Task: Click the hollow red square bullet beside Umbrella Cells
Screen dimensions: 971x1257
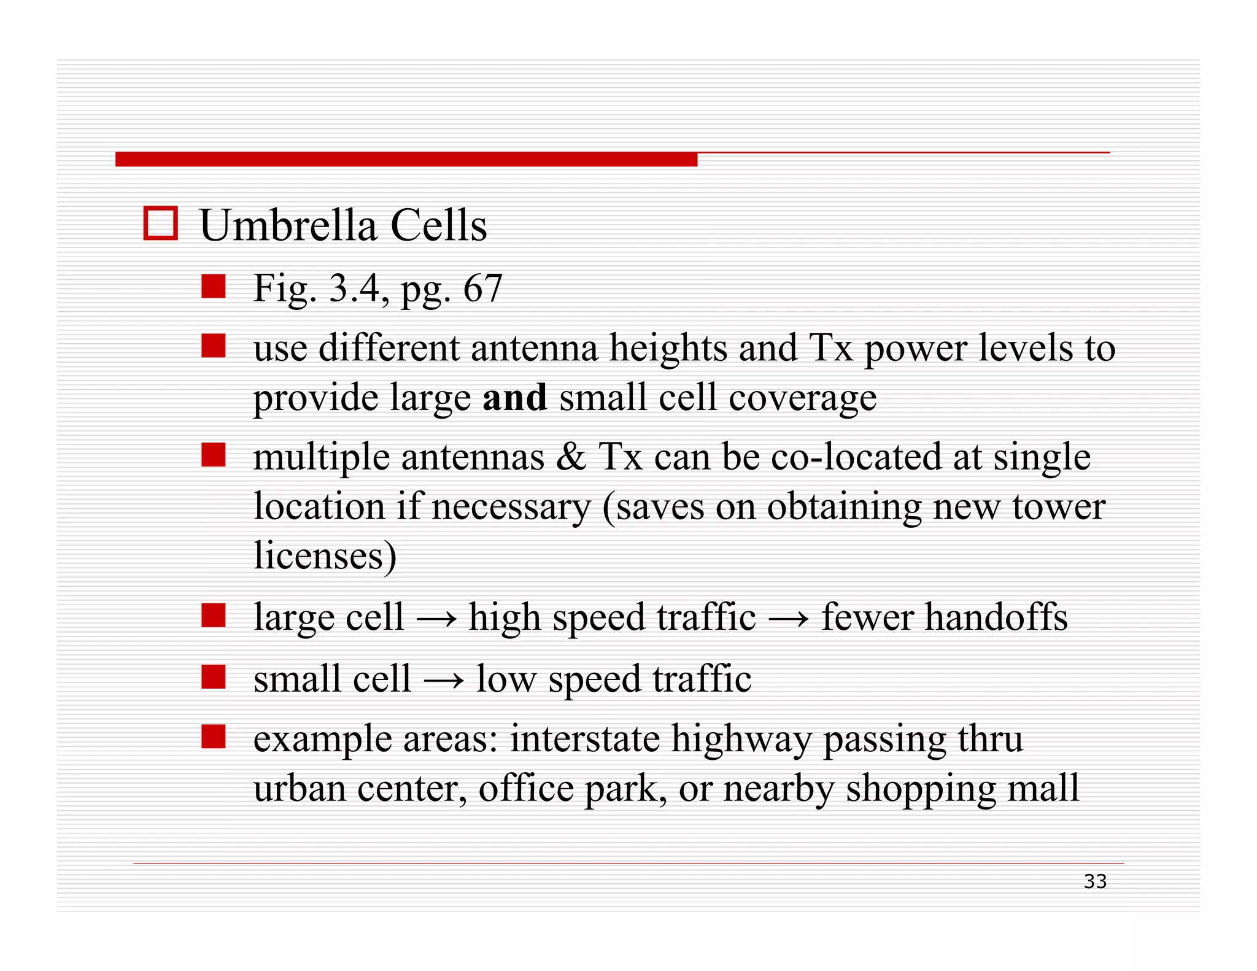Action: (x=160, y=223)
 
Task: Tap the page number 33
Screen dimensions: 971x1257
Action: (x=1095, y=881)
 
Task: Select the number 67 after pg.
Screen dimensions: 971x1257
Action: (x=482, y=288)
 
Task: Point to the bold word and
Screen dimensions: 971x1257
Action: (x=514, y=397)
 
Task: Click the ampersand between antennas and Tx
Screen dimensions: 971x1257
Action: (x=571, y=457)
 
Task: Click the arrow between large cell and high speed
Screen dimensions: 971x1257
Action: (x=436, y=618)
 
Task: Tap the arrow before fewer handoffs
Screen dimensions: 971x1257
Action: (x=789, y=618)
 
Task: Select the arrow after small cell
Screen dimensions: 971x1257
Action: (x=444, y=680)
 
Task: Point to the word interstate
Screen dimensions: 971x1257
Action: (x=585, y=738)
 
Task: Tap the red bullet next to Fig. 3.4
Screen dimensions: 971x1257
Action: (x=214, y=287)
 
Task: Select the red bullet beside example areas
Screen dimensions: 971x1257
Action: (x=214, y=737)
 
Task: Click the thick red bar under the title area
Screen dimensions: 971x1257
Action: (x=406, y=160)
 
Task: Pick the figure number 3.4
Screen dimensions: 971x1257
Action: (x=355, y=288)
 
